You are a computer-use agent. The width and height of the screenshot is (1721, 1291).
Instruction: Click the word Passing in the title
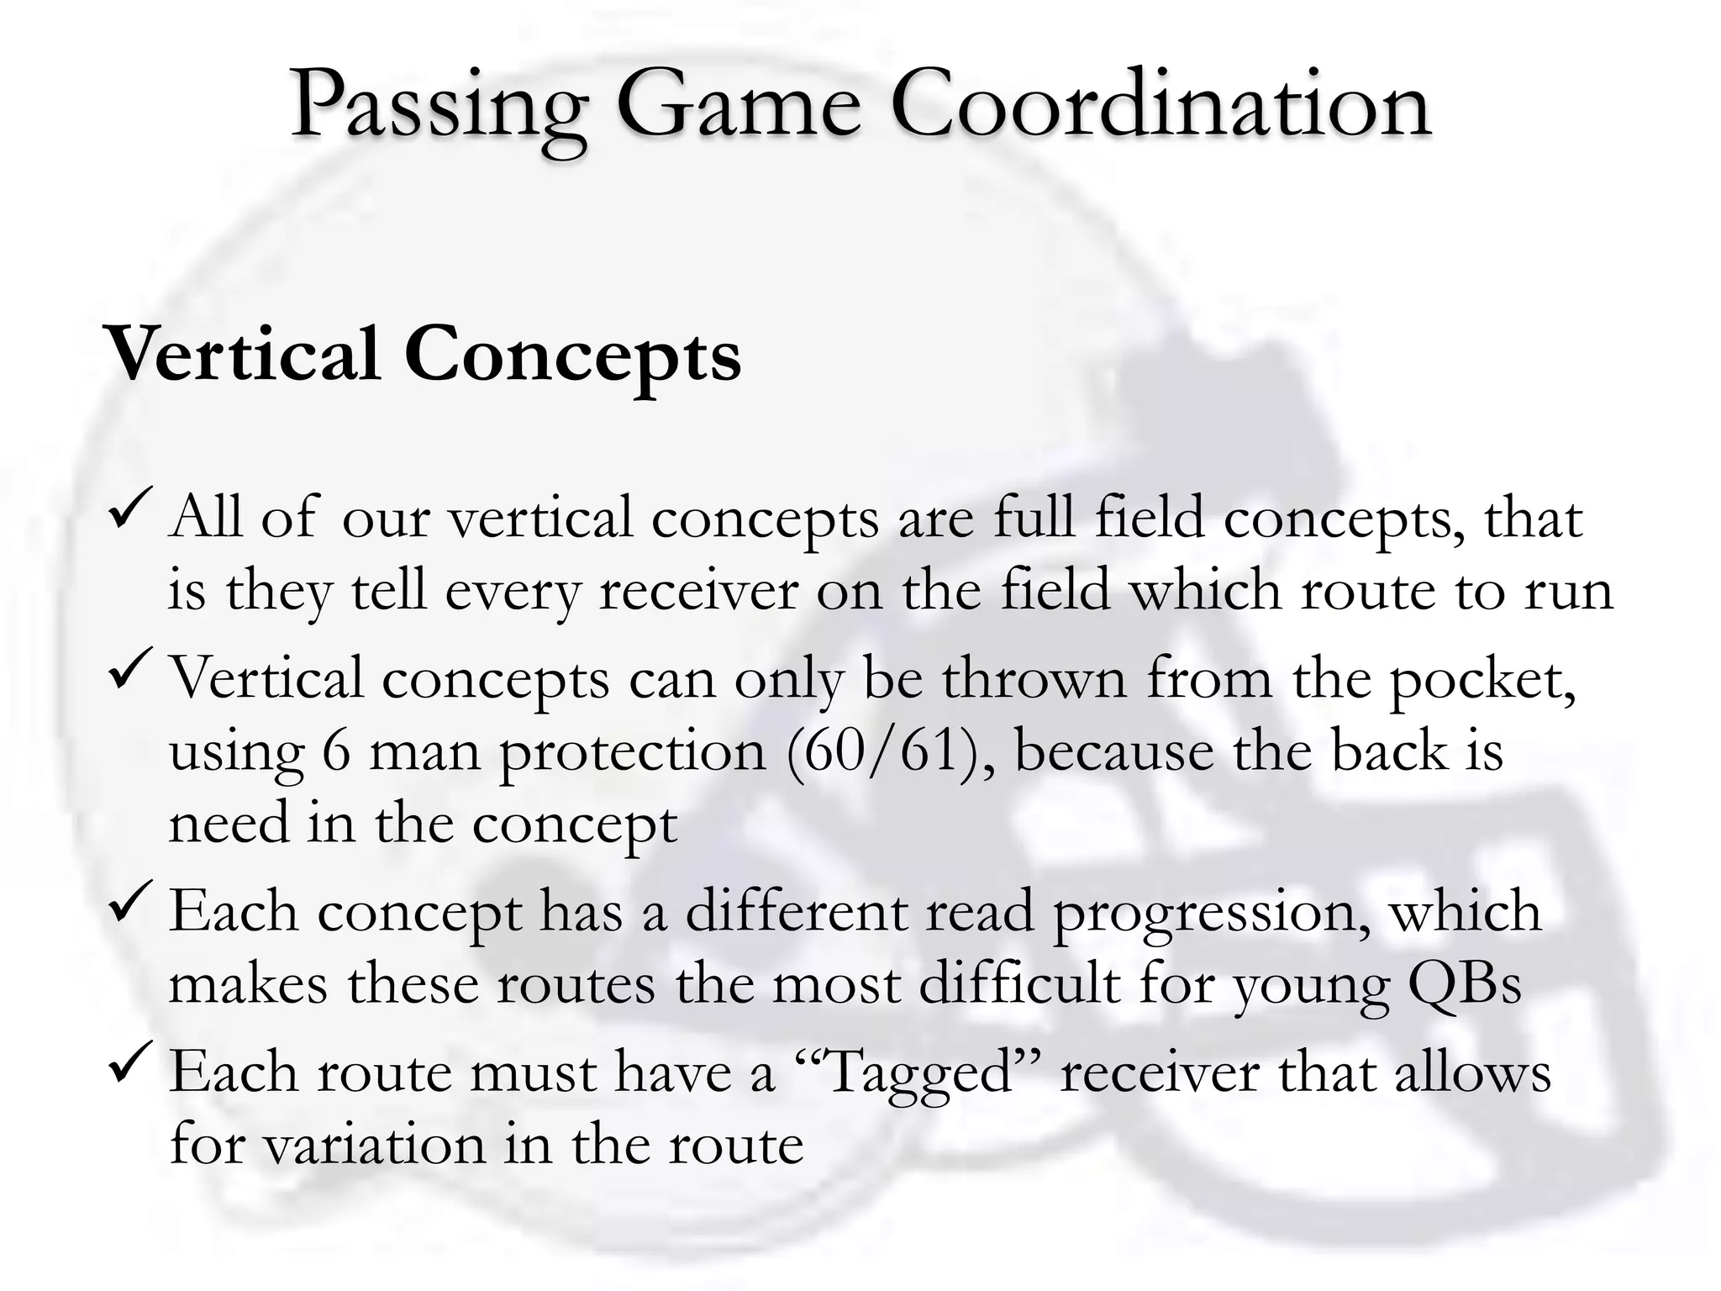[437, 108]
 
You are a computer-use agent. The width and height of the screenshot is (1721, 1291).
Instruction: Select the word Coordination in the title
[1160, 108]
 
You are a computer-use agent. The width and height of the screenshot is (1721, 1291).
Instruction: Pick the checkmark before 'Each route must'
[130, 1061]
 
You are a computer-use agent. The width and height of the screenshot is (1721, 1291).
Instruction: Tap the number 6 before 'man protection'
[336, 751]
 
